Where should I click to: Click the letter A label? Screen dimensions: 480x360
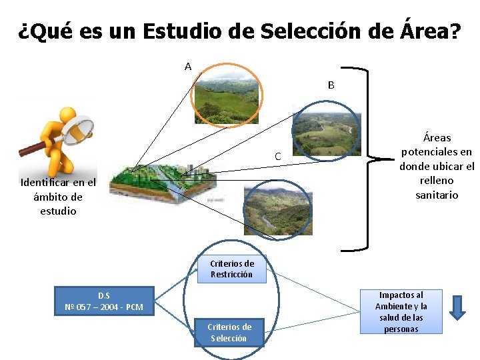pos(188,67)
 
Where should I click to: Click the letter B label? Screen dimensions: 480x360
pos(331,85)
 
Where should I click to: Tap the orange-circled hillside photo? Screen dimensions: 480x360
pos(226,97)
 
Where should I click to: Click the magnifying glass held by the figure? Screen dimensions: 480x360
pos(79,129)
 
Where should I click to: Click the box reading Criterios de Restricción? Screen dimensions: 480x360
pos(231,269)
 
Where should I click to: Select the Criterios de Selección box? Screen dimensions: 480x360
pos(230,333)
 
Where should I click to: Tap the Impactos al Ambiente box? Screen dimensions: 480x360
pos(401,312)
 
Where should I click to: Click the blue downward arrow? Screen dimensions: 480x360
pos(457,307)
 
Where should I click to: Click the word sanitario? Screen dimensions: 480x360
pos(437,195)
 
